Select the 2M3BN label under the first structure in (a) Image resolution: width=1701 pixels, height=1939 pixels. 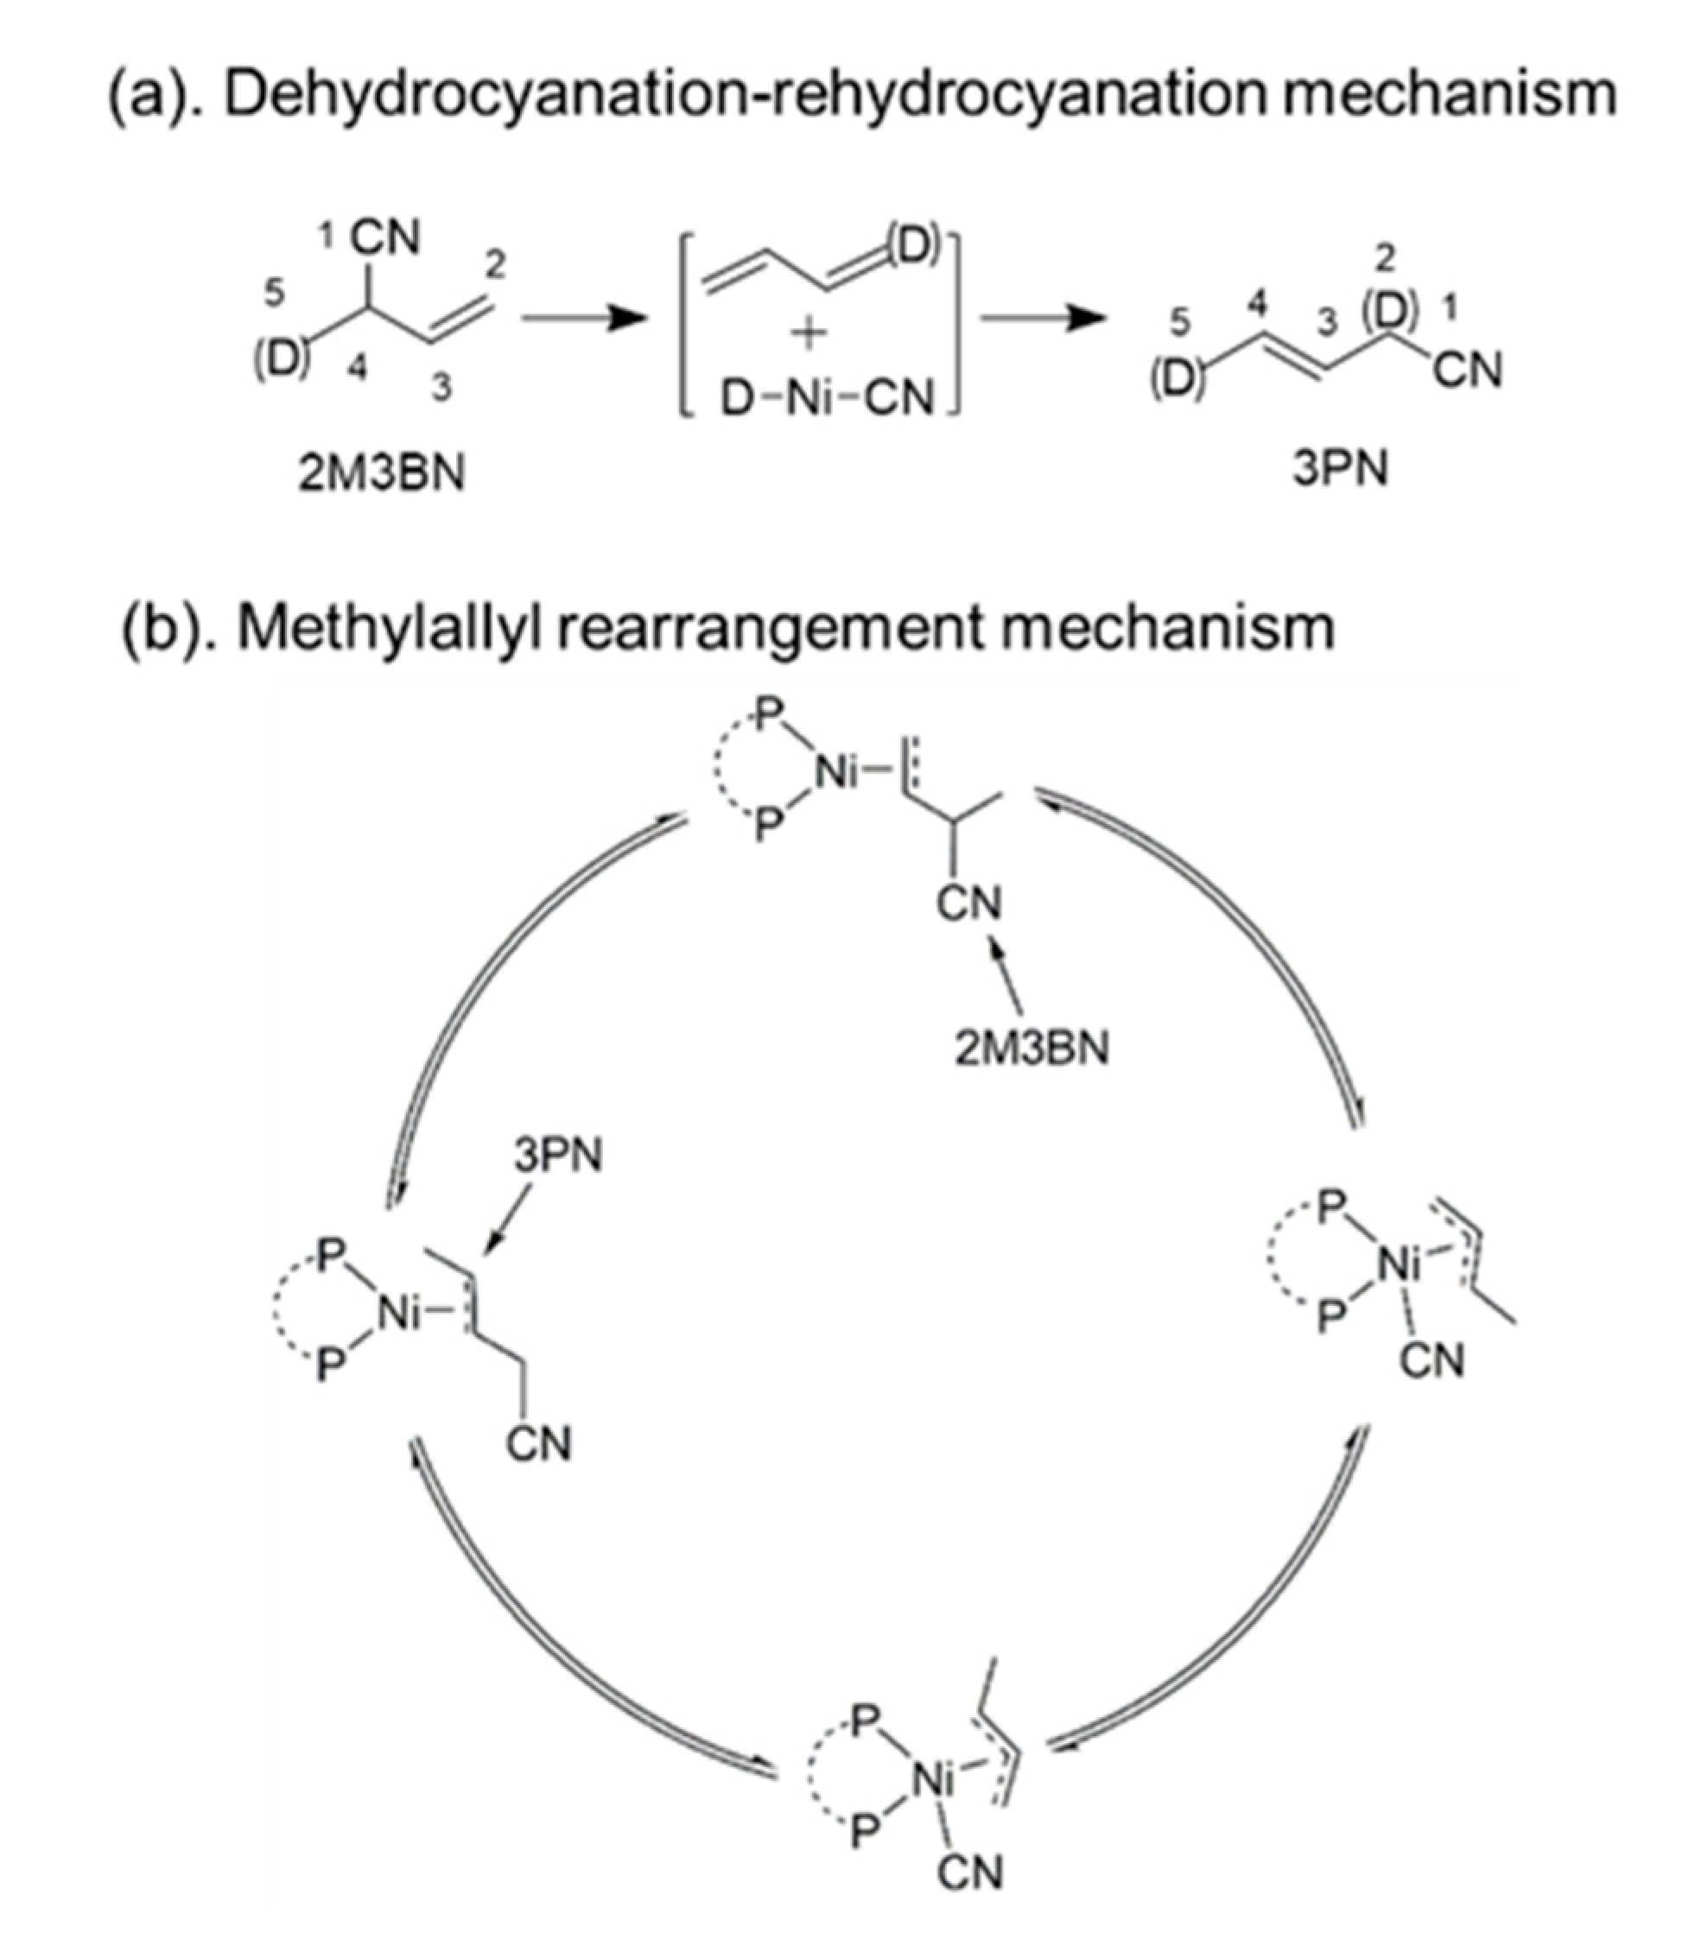point(381,472)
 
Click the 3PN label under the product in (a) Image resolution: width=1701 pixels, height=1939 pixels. point(1339,467)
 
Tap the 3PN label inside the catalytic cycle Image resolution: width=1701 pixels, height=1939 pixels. point(558,1156)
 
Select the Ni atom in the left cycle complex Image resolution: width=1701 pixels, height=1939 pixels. point(402,1314)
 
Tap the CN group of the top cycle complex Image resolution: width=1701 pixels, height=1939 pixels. point(968,903)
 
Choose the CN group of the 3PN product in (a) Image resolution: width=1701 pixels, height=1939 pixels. point(1468,370)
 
